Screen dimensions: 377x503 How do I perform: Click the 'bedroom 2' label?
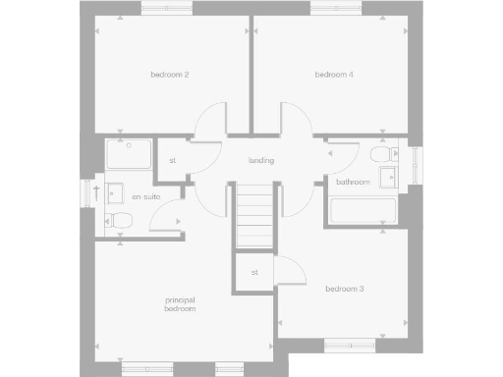click(x=169, y=75)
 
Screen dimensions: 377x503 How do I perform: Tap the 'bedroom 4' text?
click(x=334, y=75)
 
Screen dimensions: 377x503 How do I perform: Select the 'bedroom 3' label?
click(x=345, y=289)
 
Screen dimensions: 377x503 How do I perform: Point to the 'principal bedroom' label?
click(x=180, y=303)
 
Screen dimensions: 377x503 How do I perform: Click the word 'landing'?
click(x=260, y=160)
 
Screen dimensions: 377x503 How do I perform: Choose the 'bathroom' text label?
click(x=353, y=183)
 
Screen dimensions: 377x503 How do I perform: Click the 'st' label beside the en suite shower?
click(x=173, y=160)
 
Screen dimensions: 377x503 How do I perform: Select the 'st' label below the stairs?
click(x=254, y=272)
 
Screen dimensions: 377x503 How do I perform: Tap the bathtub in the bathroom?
click(x=363, y=210)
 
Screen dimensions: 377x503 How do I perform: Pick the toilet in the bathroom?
click(x=380, y=156)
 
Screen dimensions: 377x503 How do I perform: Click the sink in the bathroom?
click(x=390, y=179)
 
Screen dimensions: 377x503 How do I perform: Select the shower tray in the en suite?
click(x=129, y=156)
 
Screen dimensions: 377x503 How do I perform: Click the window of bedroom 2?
click(x=167, y=10)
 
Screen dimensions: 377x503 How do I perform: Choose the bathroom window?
click(x=415, y=164)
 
